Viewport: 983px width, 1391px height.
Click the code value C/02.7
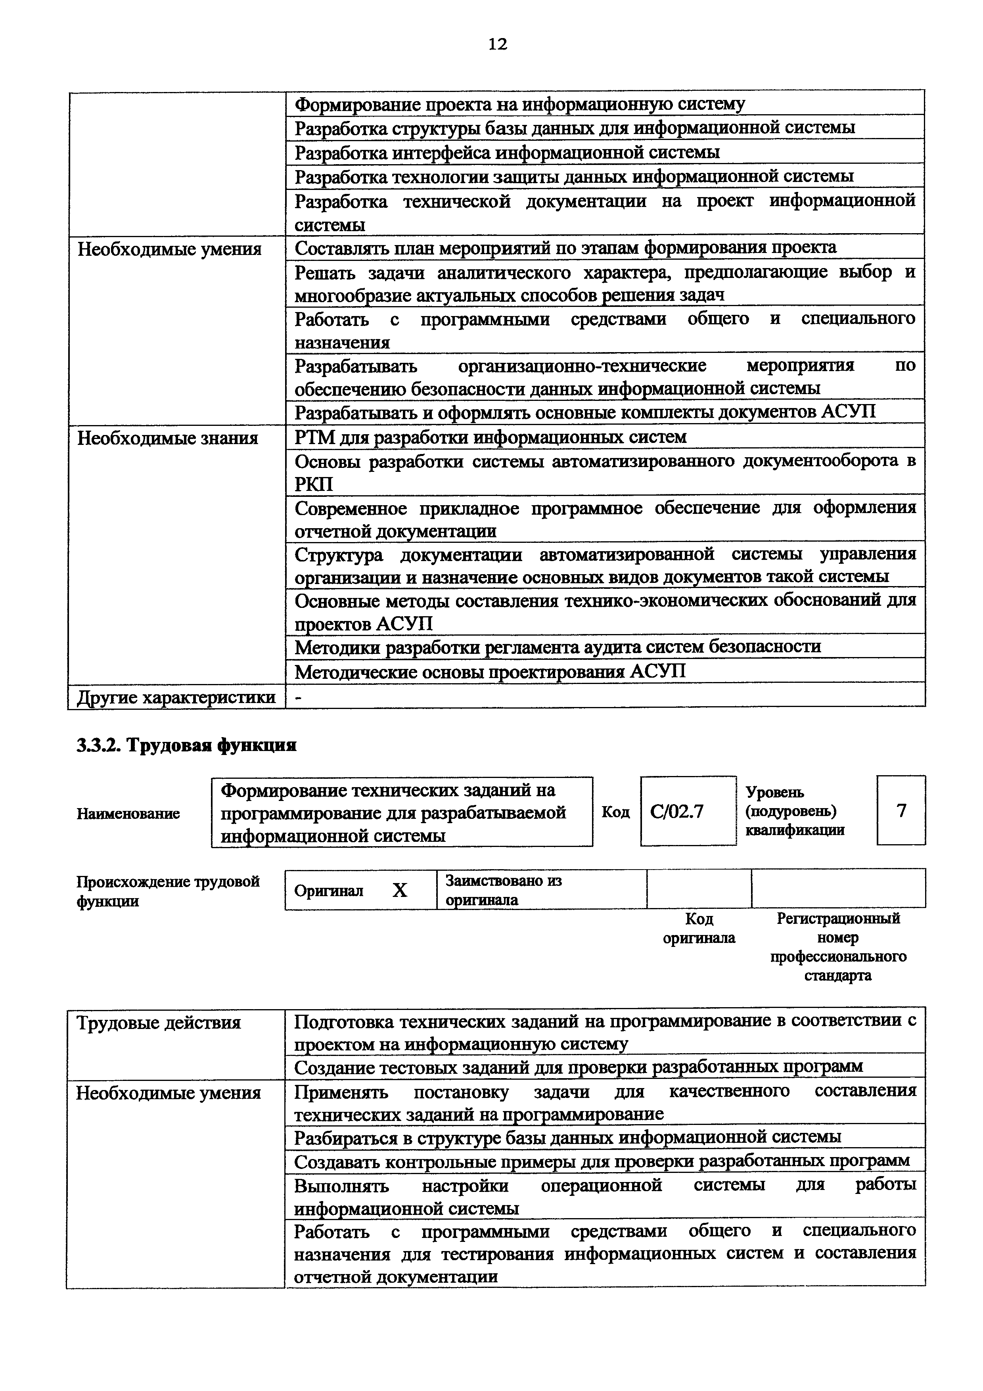676,810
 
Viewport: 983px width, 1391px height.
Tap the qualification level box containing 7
901,810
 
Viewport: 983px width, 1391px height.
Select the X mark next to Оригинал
400,890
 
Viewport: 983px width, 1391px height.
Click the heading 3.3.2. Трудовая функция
186,745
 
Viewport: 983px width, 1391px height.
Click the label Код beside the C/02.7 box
615,812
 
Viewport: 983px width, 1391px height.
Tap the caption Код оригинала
699,928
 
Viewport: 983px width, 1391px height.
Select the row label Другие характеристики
176,697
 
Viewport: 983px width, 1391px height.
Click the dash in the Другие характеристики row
298,698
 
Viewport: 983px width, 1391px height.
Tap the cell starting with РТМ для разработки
491,437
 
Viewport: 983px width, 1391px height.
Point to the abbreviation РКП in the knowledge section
314,485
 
